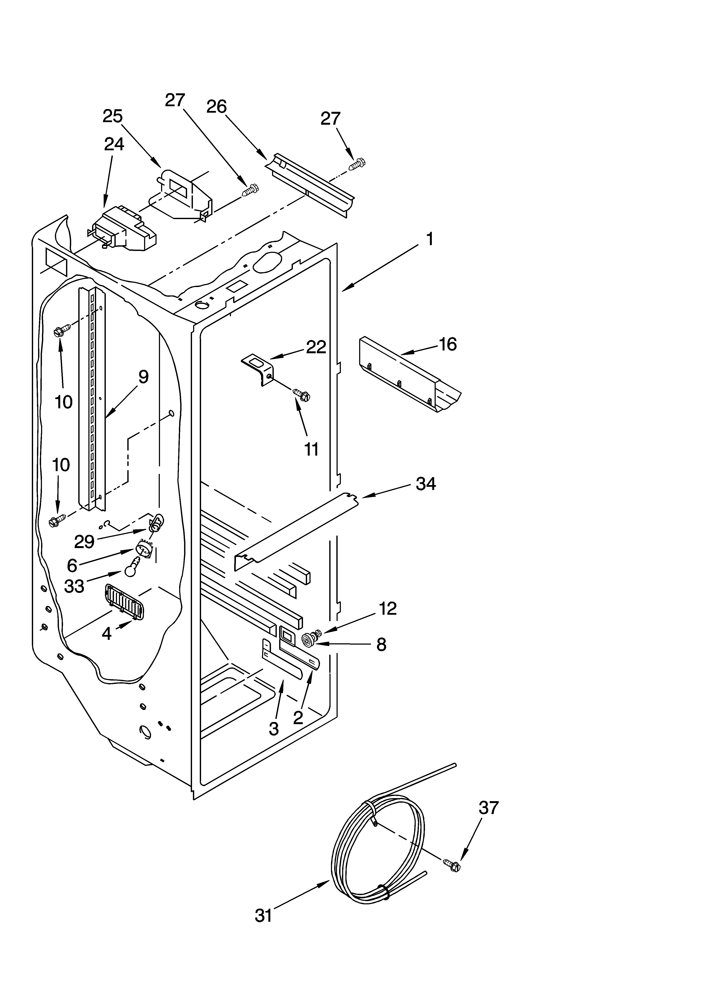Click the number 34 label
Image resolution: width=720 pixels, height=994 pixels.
coord(425,484)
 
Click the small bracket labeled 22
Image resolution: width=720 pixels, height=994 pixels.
coord(259,368)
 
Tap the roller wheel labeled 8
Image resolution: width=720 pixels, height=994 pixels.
coord(309,641)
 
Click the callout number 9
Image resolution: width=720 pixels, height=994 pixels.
coord(143,377)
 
